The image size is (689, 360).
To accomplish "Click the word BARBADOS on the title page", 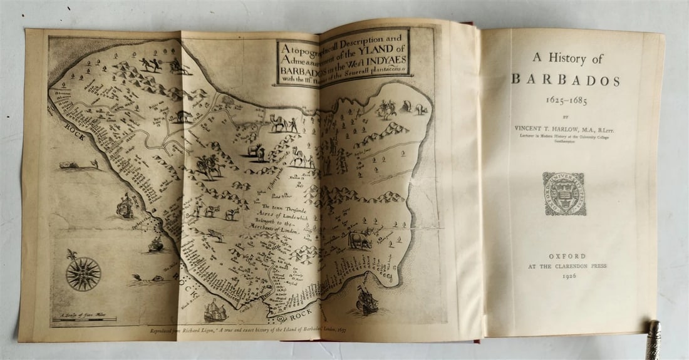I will (566, 80).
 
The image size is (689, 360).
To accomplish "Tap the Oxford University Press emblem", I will (564, 193).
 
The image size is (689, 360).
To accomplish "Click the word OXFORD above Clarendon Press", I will (567, 256).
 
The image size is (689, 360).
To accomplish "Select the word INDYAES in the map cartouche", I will (378, 64).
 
